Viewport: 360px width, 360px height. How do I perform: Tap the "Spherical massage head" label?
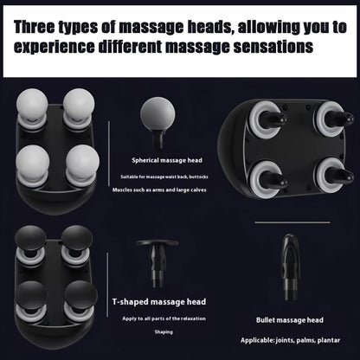166,160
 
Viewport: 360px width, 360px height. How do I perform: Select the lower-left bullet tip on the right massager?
269,176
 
